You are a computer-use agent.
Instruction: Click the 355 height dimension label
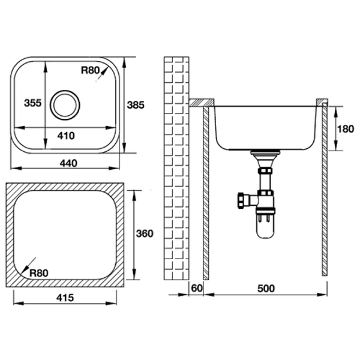point(33,103)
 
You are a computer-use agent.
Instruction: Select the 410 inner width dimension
point(66,136)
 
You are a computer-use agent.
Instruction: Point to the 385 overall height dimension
point(136,104)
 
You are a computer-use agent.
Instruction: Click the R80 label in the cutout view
point(38,272)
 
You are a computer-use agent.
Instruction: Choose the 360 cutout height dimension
point(145,233)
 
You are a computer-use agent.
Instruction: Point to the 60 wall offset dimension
point(196,289)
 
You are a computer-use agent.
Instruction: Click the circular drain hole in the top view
point(65,105)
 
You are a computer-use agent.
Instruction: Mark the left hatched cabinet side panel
point(205,192)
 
